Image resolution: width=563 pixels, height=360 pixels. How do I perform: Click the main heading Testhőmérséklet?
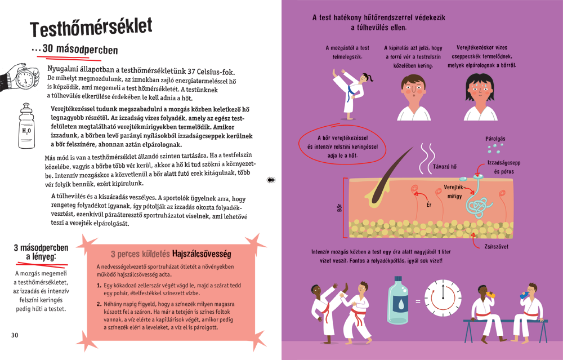point(91,27)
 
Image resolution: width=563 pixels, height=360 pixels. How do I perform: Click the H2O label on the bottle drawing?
point(26,131)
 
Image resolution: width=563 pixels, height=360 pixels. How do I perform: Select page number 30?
point(15,335)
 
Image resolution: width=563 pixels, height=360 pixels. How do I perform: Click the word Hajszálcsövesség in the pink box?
point(202,254)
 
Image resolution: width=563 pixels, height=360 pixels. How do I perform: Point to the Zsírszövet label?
point(496,246)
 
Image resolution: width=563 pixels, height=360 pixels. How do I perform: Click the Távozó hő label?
point(445,167)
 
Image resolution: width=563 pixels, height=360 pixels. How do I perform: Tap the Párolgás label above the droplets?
point(495,139)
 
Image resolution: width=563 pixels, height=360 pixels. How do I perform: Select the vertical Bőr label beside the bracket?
point(339,208)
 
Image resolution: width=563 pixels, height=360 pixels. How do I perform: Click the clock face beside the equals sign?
point(443,297)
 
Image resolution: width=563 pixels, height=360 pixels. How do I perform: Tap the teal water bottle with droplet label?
point(398,300)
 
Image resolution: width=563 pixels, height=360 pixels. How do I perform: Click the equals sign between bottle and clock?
point(418,301)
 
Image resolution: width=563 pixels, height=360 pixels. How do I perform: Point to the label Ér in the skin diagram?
point(428,205)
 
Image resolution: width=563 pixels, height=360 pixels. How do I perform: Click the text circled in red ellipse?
point(342,146)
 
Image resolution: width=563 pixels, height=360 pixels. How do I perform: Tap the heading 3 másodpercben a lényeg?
point(41,252)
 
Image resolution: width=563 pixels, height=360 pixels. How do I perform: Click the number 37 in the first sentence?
point(191,72)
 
